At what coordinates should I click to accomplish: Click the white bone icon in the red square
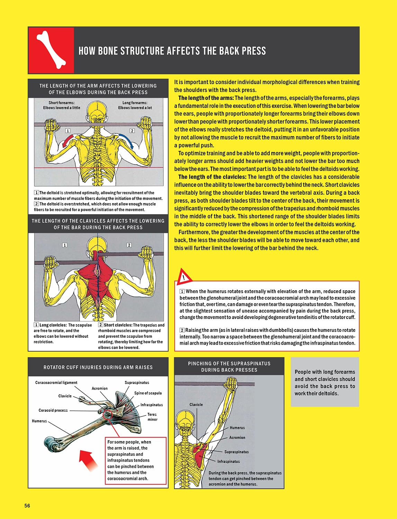[x=51, y=50]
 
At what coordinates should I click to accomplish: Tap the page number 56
[x=27, y=506]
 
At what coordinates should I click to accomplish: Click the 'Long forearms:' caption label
[x=135, y=103]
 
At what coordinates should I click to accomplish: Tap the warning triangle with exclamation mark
[x=184, y=277]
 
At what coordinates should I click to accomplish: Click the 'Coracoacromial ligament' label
[x=56, y=383]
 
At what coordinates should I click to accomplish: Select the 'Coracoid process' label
[x=53, y=410]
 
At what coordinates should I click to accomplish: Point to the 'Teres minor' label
[x=152, y=417]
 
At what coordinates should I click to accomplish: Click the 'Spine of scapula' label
[x=148, y=393]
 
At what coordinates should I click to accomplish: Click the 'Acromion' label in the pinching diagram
[x=237, y=438]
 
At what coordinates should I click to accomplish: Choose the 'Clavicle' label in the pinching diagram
[x=196, y=404]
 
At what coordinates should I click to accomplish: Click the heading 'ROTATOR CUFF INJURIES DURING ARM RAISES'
[x=98, y=367]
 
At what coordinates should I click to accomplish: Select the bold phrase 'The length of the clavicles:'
[x=212, y=177]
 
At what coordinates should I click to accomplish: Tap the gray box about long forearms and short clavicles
[x=325, y=382]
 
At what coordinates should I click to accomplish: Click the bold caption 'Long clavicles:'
[x=53, y=325]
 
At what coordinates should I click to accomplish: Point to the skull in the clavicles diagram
[x=98, y=246]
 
